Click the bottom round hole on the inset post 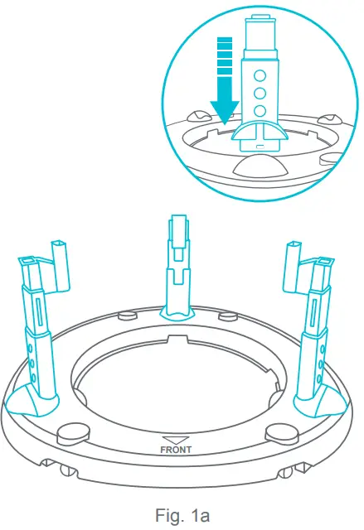tap(260, 110)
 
